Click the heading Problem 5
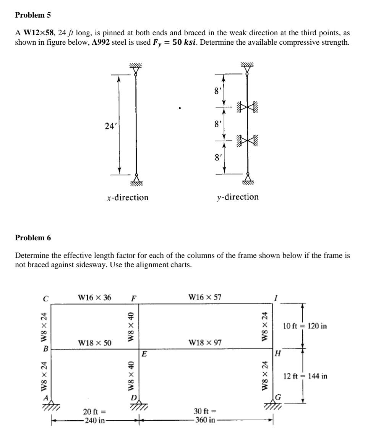tap(32, 15)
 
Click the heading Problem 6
tap(32, 238)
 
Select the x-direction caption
tap(128, 198)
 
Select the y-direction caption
tap(237, 197)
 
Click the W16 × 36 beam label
tap(94, 297)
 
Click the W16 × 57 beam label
tap(205, 297)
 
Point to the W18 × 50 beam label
tap(94, 343)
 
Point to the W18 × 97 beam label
tap(205, 343)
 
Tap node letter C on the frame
tap(45, 299)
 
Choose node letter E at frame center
tap(144, 354)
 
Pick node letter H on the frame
tap(279, 354)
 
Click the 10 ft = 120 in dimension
tap(305, 326)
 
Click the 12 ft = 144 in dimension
tap(305, 376)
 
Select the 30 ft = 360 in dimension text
tap(206, 416)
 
